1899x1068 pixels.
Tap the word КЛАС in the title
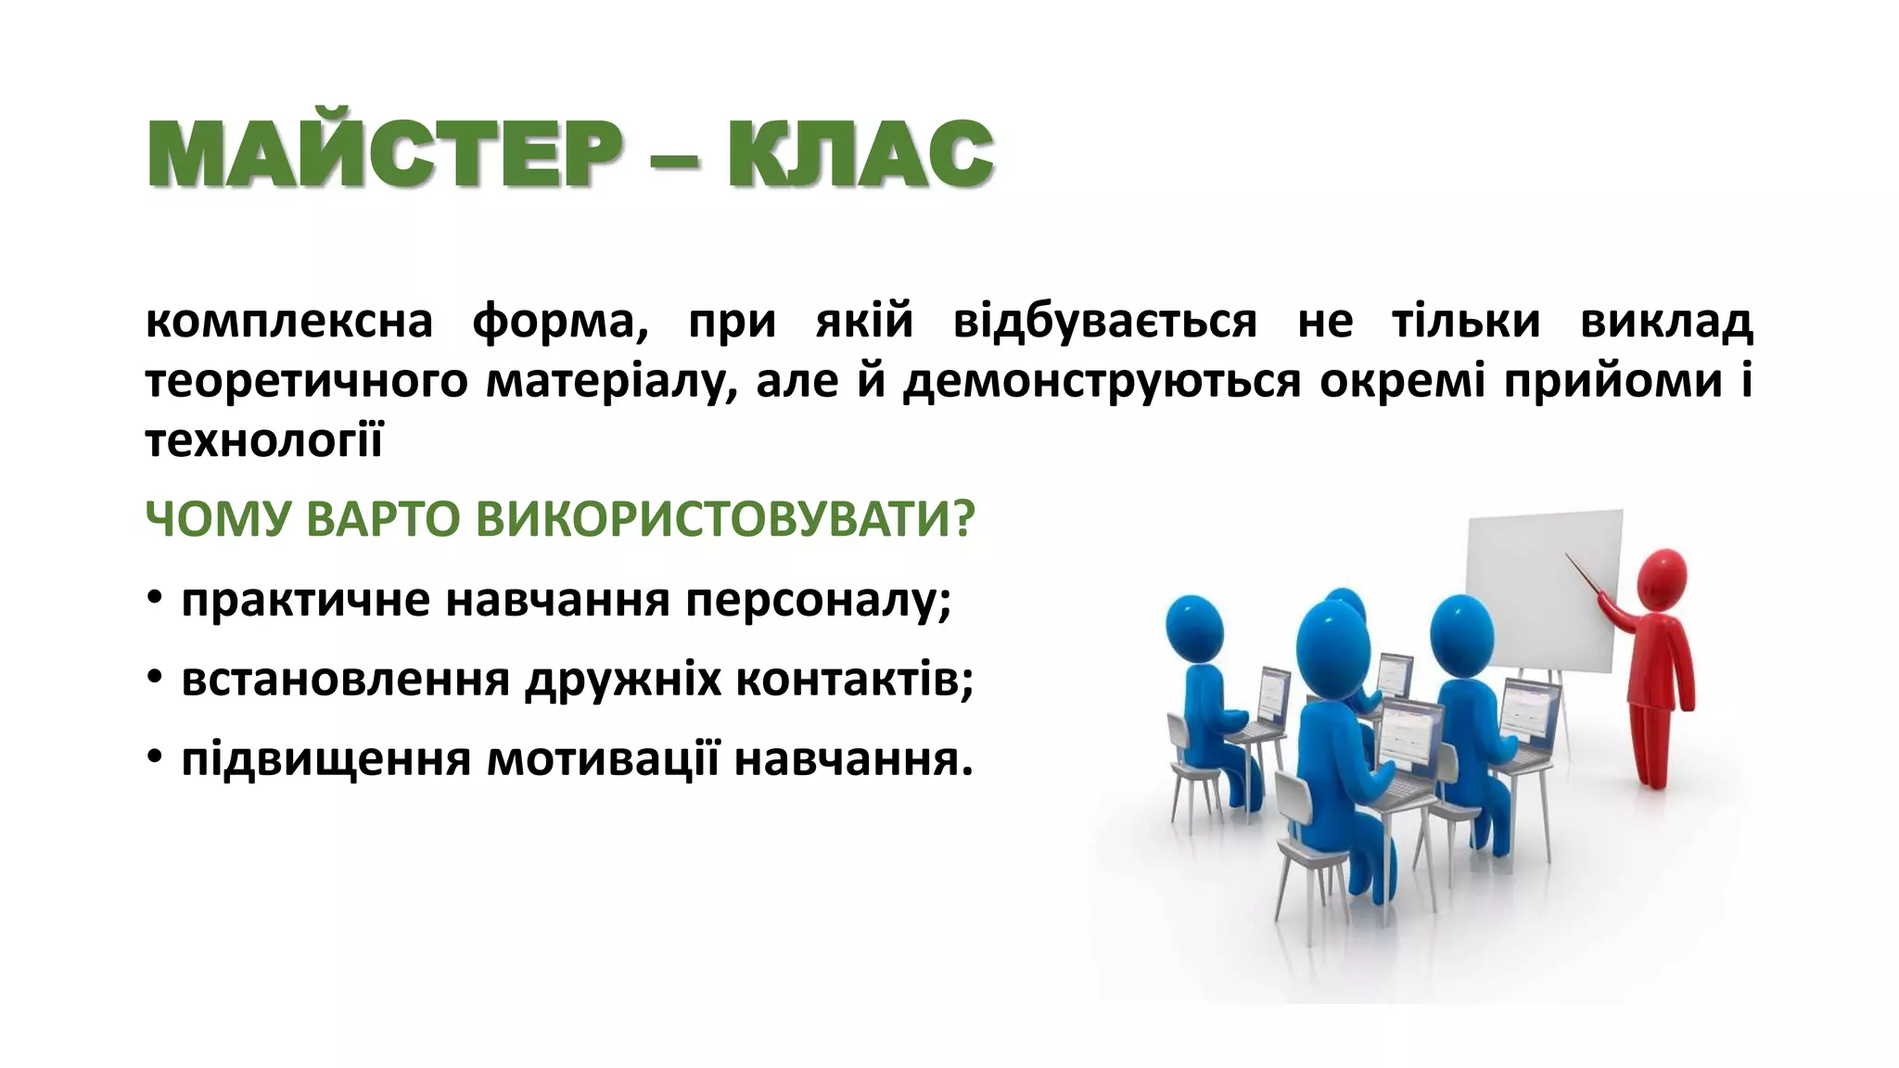(x=860, y=154)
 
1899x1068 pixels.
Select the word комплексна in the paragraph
(x=289, y=322)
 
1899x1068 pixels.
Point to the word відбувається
(x=1104, y=322)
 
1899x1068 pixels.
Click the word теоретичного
(x=306, y=382)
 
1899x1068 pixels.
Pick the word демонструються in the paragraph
(x=1102, y=382)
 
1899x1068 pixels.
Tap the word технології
(x=264, y=441)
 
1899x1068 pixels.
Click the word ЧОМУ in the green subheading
(x=218, y=519)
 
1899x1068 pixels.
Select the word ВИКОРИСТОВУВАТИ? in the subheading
(x=726, y=519)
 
